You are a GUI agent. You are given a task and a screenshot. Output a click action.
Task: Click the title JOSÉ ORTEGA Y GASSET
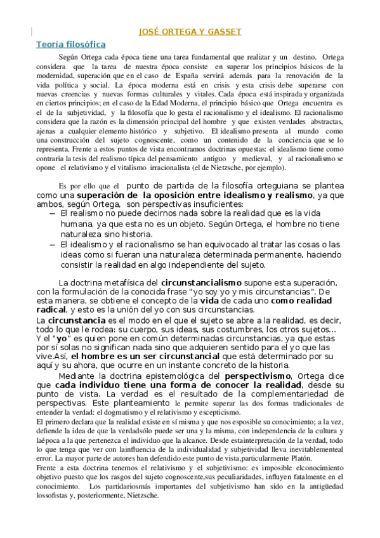click(190, 32)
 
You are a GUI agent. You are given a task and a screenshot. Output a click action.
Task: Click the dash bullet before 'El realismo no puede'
click(52, 214)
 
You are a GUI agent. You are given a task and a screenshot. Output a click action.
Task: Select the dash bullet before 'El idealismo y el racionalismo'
click(52, 244)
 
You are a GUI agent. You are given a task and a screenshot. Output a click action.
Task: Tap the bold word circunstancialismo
click(202, 282)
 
